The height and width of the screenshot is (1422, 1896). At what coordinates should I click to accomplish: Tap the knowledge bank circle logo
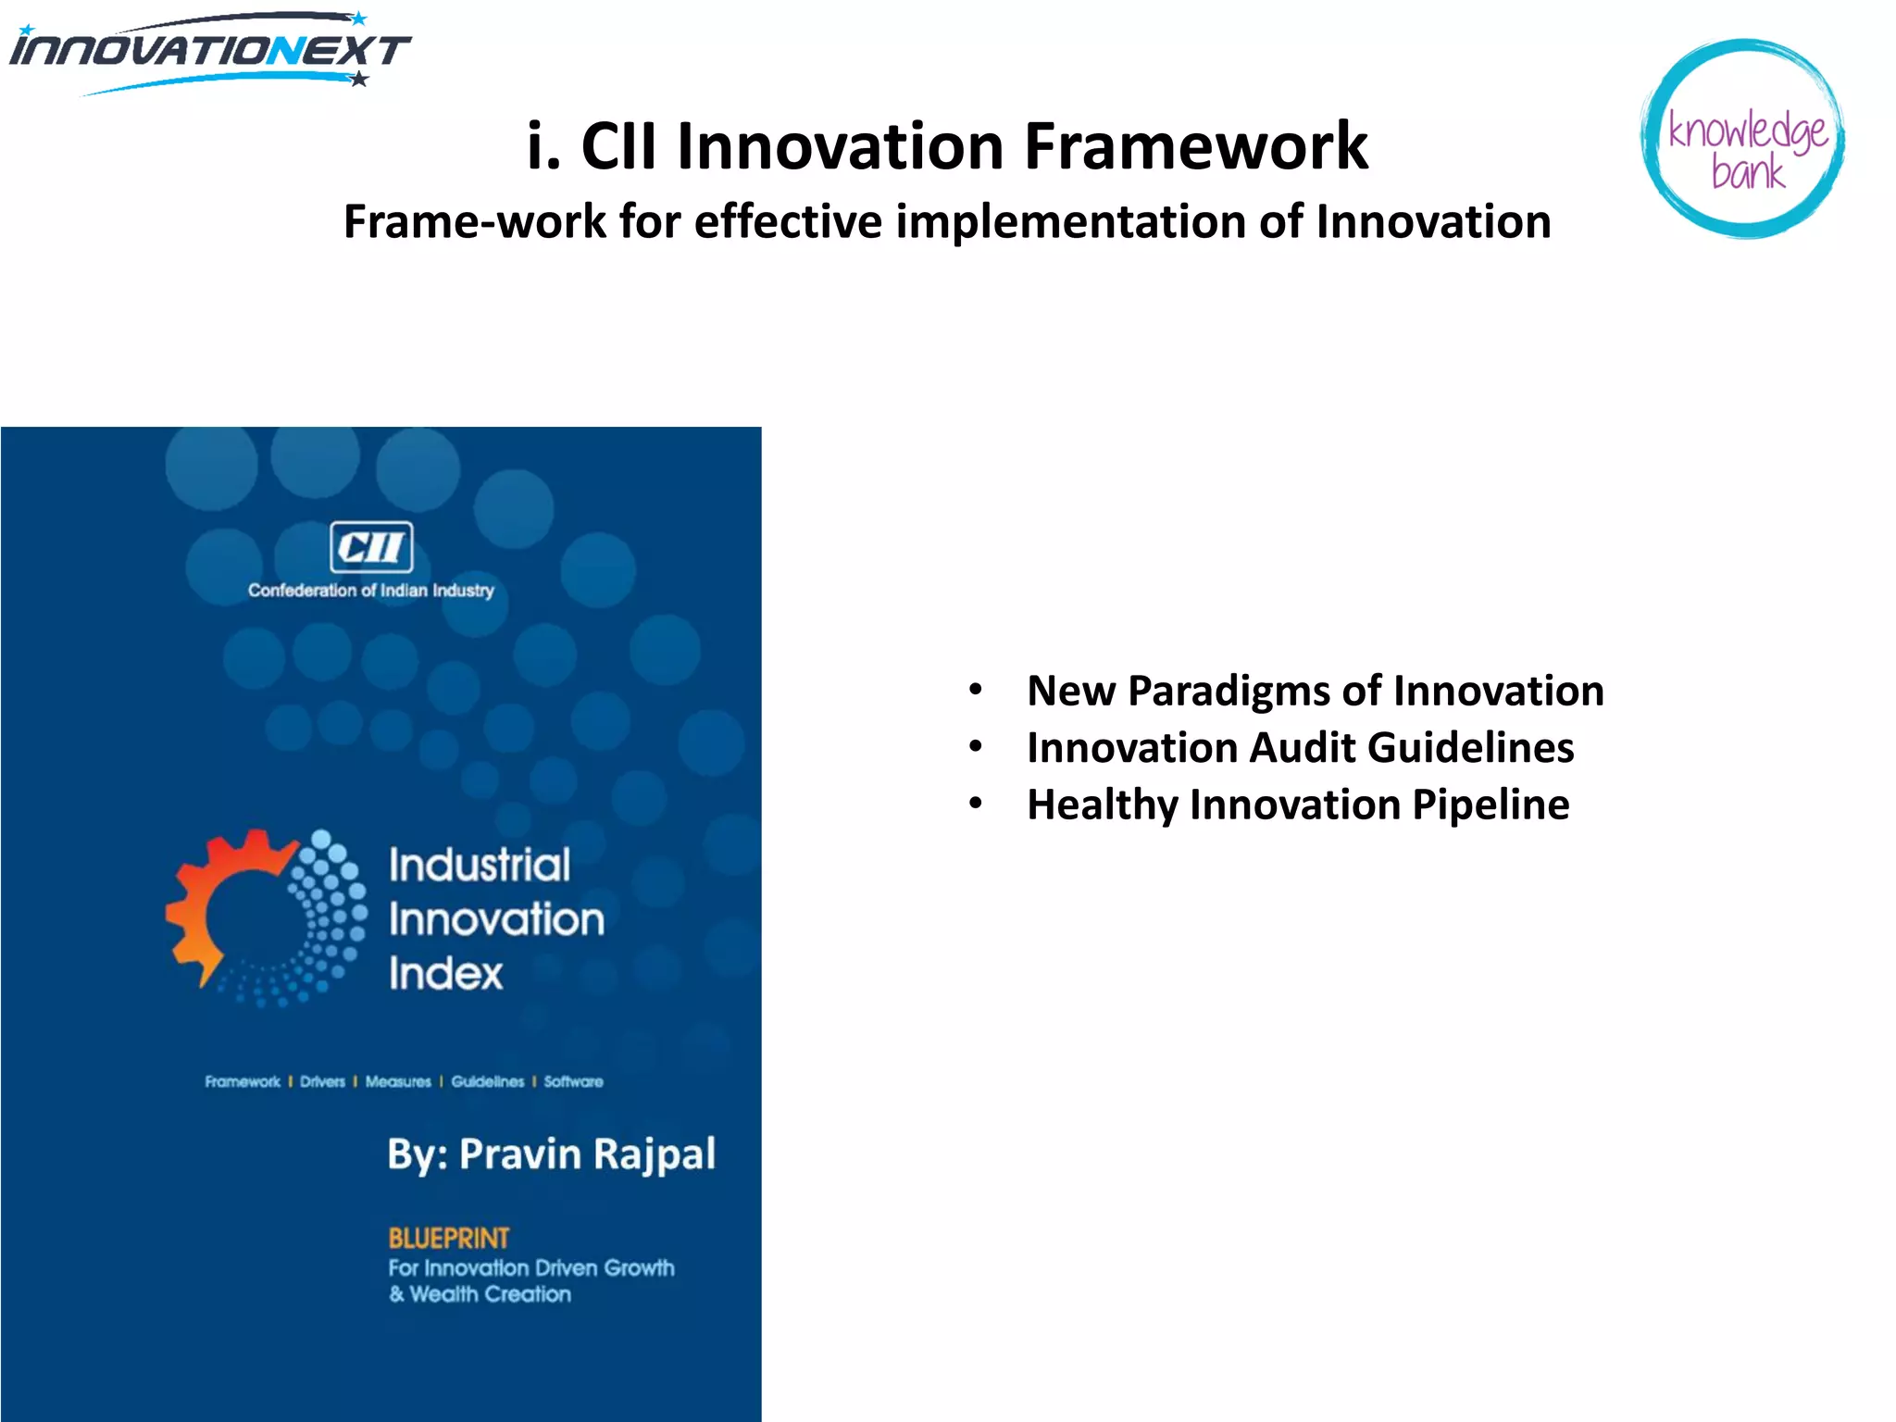(x=1744, y=139)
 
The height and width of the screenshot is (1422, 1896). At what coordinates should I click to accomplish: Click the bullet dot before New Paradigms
(x=975, y=691)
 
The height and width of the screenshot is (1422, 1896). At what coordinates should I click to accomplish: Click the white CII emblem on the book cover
(x=371, y=547)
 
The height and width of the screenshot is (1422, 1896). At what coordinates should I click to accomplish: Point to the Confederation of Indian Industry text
(x=370, y=591)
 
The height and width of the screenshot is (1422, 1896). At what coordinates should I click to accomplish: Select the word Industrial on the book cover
(x=479, y=866)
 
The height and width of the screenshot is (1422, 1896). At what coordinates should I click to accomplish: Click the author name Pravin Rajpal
(x=587, y=1154)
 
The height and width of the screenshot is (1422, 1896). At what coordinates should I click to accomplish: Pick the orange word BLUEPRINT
(x=448, y=1238)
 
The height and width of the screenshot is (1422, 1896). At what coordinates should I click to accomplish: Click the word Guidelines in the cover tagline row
(x=487, y=1081)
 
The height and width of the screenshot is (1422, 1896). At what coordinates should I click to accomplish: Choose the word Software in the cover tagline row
(x=573, y=1081)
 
